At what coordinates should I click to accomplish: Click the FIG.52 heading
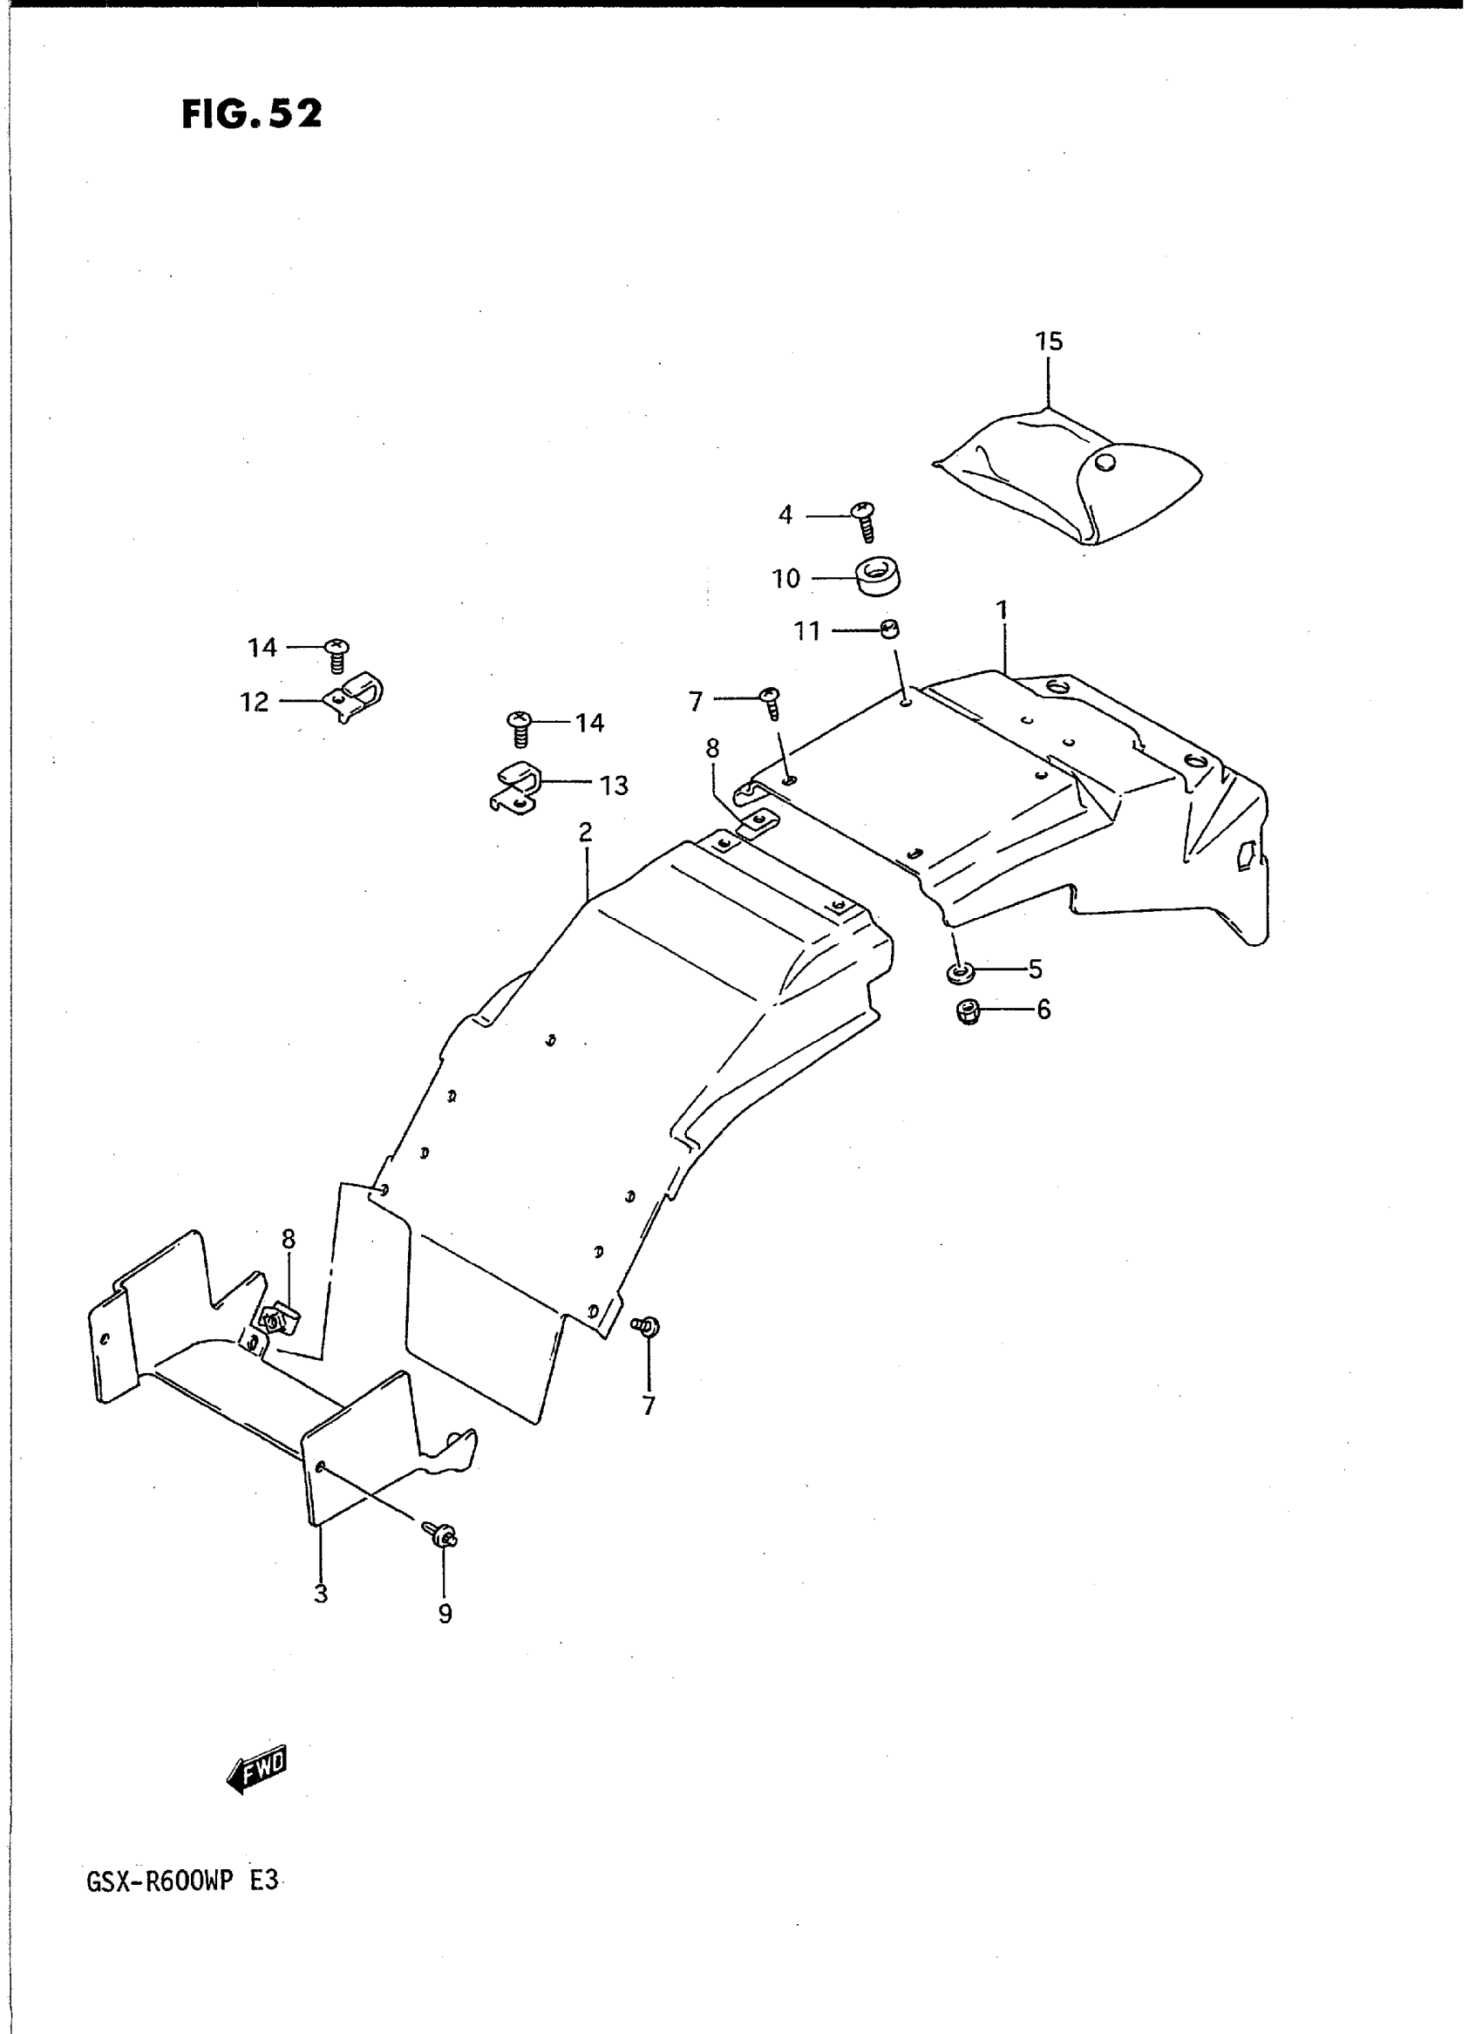(x=251, y=114)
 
